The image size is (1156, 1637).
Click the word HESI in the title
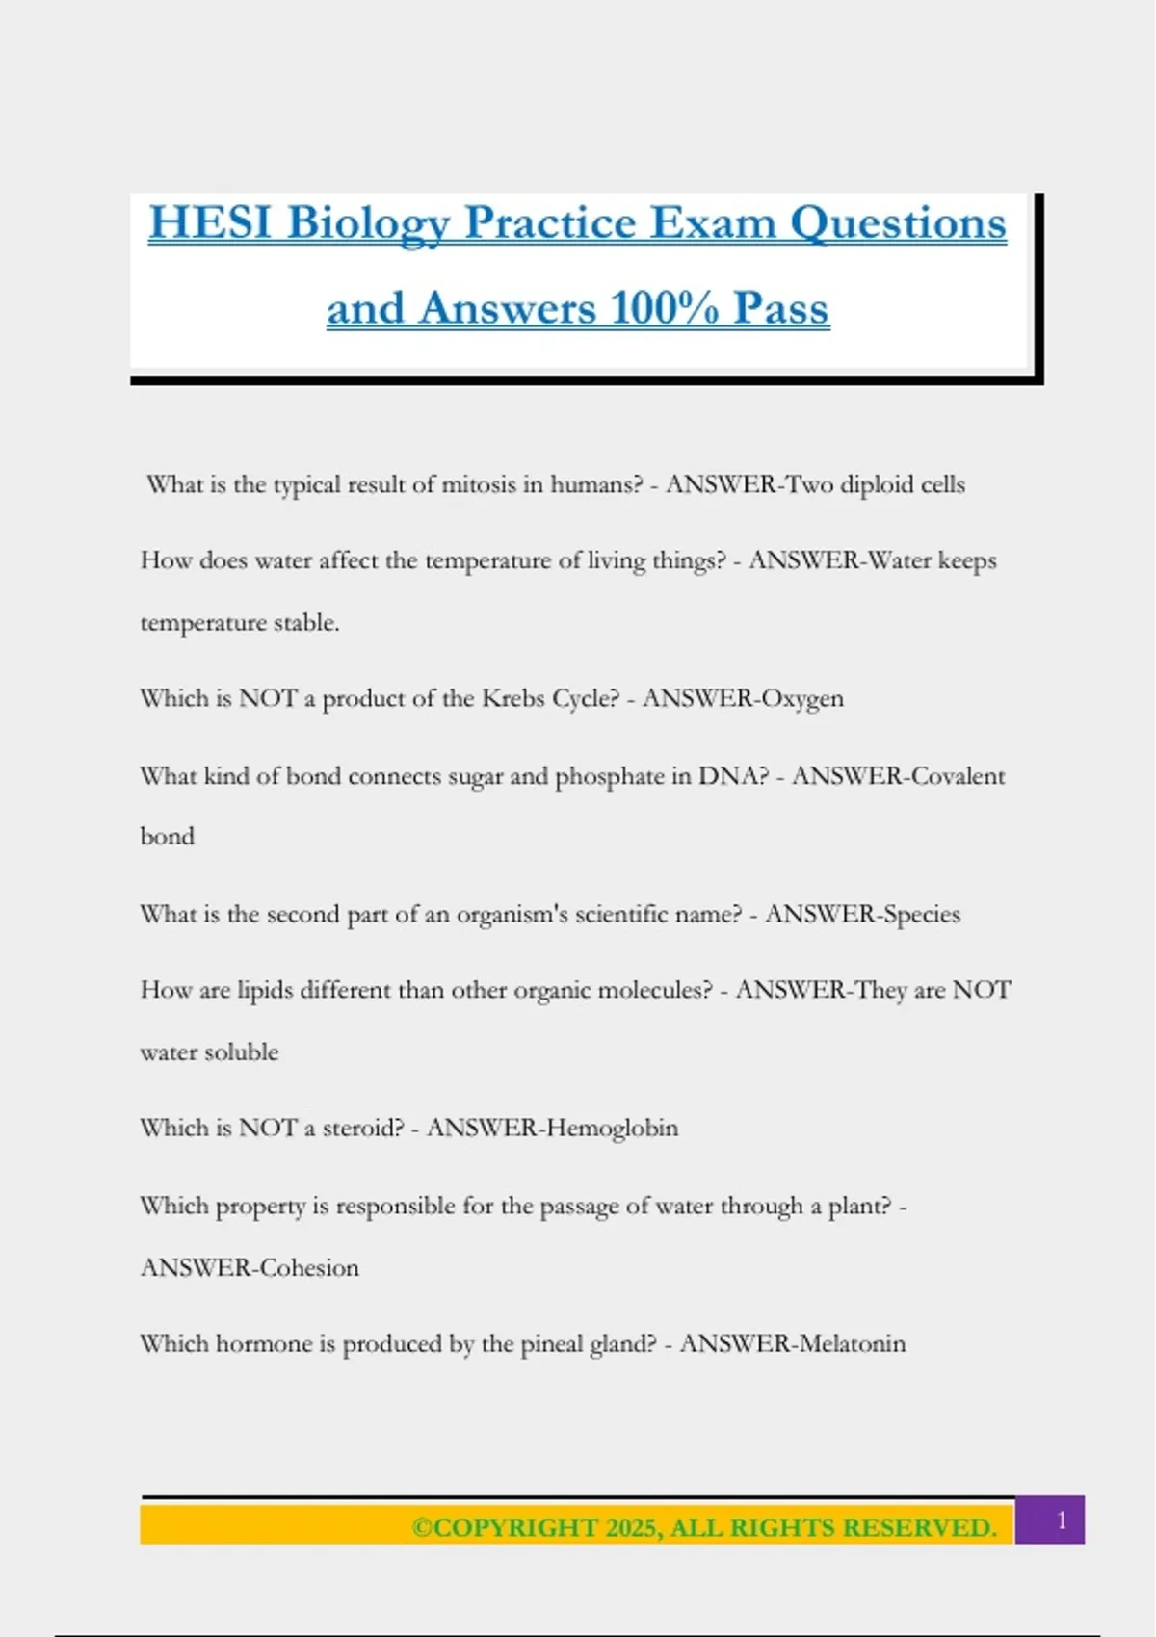tap(210, 223)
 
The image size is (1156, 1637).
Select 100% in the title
tap(665, 309)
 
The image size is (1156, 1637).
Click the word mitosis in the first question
tap(479, 484)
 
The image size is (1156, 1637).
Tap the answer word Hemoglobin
tap(612, 1128)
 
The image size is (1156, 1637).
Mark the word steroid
tap(362, 1128)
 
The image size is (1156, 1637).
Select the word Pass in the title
tap(780, 309)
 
